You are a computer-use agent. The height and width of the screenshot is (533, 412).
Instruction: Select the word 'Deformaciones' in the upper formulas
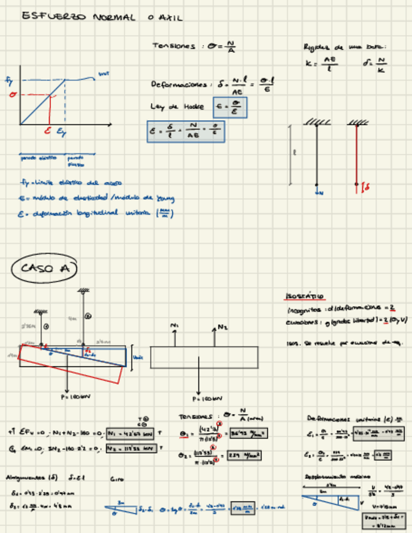(x=178, y=84)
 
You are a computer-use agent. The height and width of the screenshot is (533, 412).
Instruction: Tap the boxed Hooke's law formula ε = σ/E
(x=230, y=107)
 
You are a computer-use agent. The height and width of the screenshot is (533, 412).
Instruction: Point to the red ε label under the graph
(x=47, y=131)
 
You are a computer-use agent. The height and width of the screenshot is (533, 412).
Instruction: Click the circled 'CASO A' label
(x=43, y=268)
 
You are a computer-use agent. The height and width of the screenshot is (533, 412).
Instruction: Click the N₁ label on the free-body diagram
(x=175, y=325)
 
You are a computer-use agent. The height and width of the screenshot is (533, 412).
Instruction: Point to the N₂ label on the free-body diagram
(x=222, y=327)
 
